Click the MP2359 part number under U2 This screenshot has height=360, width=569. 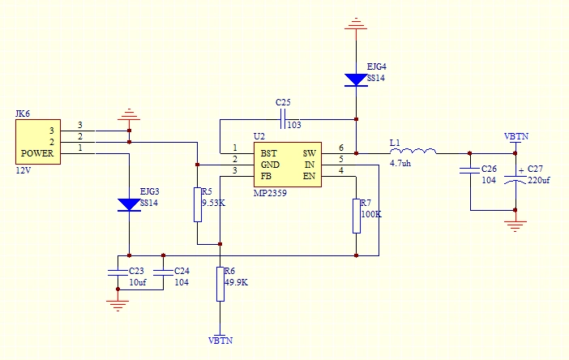(270, 194)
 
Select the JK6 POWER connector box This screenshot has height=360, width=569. (38, 142)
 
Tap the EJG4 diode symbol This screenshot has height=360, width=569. (356, 79)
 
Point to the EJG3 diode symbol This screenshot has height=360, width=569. (130, 204)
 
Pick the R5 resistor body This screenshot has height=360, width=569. (197, 204)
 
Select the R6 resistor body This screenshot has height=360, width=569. (220, 282)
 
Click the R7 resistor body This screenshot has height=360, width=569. (356, 215)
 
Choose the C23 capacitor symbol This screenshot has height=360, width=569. (118, 271)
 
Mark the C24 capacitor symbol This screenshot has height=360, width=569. (163, 271)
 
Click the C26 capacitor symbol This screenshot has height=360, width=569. (469, 170)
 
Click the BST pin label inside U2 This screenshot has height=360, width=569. (268, 152)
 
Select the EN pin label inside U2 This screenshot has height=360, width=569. (310, 175)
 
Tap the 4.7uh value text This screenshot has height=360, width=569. (400, 164)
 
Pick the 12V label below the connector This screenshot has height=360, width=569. (24, 171)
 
